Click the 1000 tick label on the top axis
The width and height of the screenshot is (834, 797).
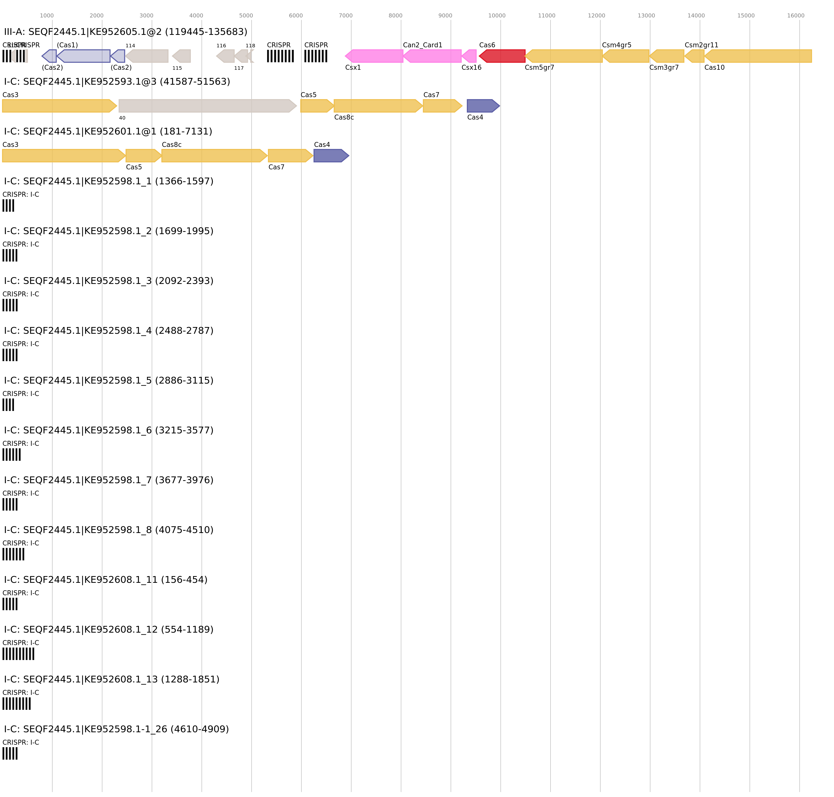pyautogui.click(x=47, y=16)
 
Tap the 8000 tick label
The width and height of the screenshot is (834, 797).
pyautogui.click(x=395, y=16)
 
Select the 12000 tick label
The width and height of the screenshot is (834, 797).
pyautogui.click(x=596, y=16)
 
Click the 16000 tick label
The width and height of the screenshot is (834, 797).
pyautogui.click(x=795, y=16)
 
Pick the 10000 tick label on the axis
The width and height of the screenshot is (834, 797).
pyautogui.click(x=496, y=16)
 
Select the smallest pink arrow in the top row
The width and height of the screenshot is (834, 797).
pyautogui.click(x=470, y=56)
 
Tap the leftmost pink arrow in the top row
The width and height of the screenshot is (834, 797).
pyautogui.click(x=374, y=56)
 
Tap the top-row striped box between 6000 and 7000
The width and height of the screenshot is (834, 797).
pyautogui.click(x=316, y=56)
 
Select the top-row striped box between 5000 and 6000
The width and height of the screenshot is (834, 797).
pyautogui.click(x=280, y=56)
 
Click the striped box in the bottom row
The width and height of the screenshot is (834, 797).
pyautogui.click(x=10, y=753)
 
